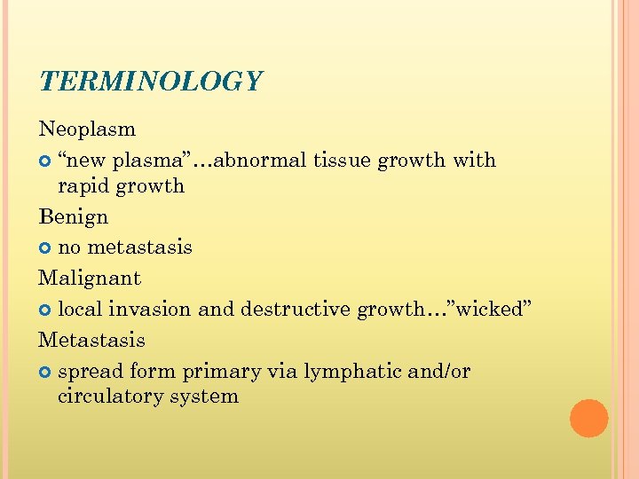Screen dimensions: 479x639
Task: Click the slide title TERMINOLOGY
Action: click(x=151, y=82)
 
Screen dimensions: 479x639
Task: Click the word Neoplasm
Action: click(x=87, y=130)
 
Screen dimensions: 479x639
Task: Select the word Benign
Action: click(x=73, y=217)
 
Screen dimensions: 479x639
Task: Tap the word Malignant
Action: click(x=90, y=279)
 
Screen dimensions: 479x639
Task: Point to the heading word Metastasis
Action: click(x=91, y=340)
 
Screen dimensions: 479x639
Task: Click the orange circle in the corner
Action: click(x=588, y=418)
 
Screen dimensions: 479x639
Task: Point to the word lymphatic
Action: click(x=345, y=372)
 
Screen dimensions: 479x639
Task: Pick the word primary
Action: click(x=229, y=373)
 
